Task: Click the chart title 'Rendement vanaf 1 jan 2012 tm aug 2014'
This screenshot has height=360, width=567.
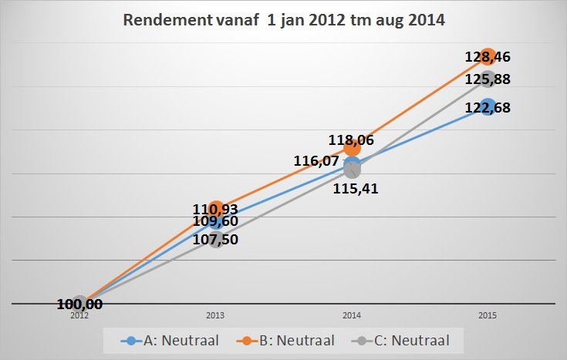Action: click(284, 21)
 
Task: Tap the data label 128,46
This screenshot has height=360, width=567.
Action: click(488, 56)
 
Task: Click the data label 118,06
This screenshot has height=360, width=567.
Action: click(352, 140)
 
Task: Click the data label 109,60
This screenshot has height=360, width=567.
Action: click(215, 221)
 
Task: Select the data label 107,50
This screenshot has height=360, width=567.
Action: click(216, 239)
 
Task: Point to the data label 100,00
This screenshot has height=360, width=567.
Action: click(80, 304)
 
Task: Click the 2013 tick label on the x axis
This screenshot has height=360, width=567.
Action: click(216, 315)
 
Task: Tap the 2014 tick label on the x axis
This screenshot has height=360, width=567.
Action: click(352, 315)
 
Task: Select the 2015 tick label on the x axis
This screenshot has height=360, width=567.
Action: click(488, 315)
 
